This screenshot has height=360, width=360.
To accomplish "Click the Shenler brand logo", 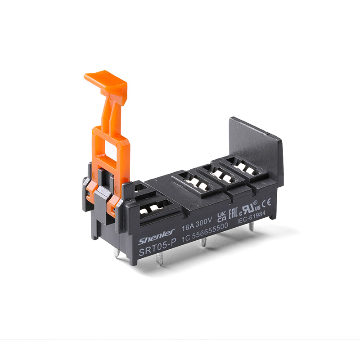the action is pyautogui.click(x=157, y=237).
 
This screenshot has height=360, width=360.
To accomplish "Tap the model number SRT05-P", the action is pyautogui.click(x=157, y=247).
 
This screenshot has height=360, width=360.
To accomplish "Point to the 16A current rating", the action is pyautogui.click(x=188, y=227).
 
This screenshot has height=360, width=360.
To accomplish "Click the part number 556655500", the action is pyautogui.click(x=210, y=231).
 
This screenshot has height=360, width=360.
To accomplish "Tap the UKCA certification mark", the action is pyautogui.click(x=221, y=217).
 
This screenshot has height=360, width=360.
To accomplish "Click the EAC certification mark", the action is pyautogui.click(x=233, y=213).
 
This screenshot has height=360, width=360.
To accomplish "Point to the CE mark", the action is pyautogui.click(x=266, y=203).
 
